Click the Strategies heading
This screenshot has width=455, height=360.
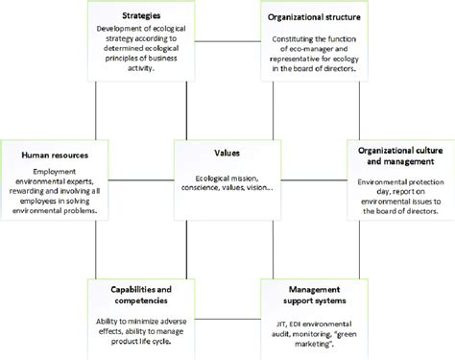point(140,16)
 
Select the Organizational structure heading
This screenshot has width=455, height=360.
point(312,16)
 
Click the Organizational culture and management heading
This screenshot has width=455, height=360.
point(398,156)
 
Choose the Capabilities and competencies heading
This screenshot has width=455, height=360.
point(140,293)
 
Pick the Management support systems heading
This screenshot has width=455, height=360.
point(312,293)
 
